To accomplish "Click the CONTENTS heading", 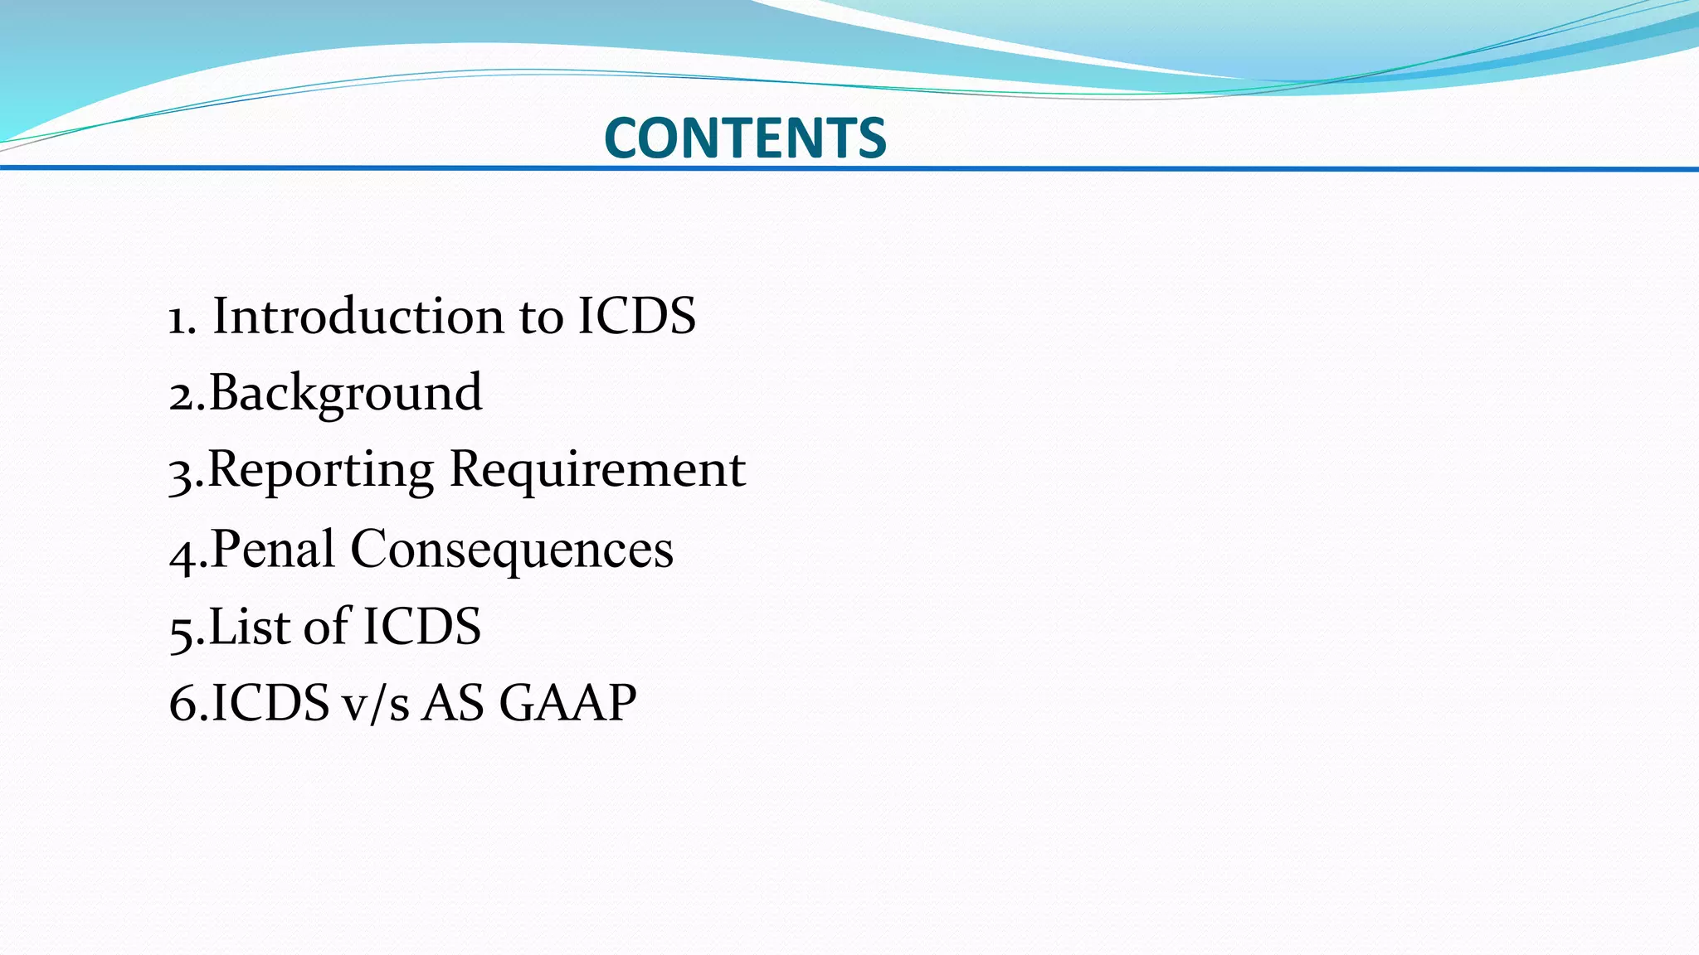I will pyautogui.click(x=745, y=138).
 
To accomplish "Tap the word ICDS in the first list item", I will pyautogui.click(x=636, y=317).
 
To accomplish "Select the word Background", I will pyautogui.click(x=345, y=393).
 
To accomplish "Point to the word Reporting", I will pyautogui.click(x=320, y=470).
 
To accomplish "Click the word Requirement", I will pyautogui.click(x=597, y=469).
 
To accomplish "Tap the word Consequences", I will pyautogui.click(x=512, y=549).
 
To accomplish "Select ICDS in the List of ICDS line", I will pyautogui.click(x=421, y=626).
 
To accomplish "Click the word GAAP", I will pyautogui.click(x=567, y=703).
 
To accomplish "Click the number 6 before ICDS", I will pyautogui.click(x=182, y=704).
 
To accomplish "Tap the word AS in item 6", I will pyautogui.click(x=453, y=703).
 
